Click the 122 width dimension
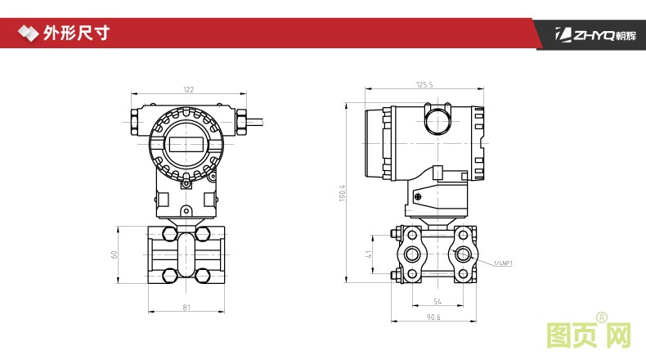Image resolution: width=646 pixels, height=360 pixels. point(188,89)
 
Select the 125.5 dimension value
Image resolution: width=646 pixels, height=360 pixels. point(424,84)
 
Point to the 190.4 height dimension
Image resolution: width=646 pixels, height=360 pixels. point(343,192)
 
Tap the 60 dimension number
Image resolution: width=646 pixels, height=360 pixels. point(114,254)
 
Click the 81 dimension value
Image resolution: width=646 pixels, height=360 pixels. point(186,307)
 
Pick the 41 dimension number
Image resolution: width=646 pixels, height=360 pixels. point(368,254)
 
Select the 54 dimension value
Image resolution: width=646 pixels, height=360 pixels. point(437,301)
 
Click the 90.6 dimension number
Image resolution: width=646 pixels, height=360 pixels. point(433,317)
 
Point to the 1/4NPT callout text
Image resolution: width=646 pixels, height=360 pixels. point(504,263)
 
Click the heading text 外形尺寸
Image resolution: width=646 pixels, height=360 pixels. point(76,33)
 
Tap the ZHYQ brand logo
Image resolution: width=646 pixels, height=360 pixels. point(596,34)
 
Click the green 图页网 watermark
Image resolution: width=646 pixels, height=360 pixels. point(589,332)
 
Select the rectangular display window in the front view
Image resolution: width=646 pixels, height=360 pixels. point(186,144)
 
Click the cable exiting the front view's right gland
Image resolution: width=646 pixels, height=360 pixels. point(254,122)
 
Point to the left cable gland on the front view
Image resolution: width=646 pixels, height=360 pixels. point(136,122)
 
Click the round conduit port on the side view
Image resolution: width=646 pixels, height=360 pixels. point(438,121)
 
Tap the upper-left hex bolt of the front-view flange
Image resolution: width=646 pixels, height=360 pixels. point(170,234)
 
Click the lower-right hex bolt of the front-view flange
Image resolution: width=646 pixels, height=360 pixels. point(203,276)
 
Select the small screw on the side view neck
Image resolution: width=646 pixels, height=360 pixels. point(418,196)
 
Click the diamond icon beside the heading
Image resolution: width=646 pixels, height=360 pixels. point(28,33)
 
